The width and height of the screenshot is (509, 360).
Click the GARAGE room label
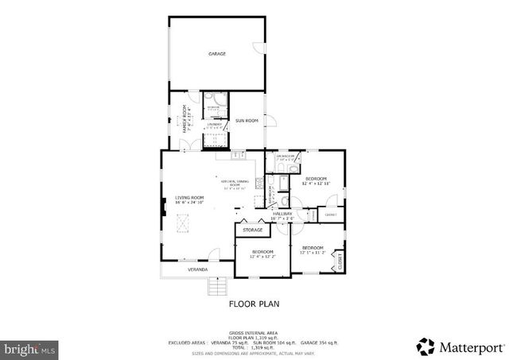(217, 54)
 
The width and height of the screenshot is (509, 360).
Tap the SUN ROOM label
(247, 121)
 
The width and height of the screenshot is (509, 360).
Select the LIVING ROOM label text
(190, 198)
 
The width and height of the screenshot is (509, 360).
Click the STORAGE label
(253, 230)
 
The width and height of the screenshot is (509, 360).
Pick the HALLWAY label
(282, 213)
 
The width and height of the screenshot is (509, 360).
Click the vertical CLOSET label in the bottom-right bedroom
(340, 261)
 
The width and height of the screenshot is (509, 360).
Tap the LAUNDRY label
(214, 124)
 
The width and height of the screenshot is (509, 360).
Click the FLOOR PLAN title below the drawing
(254, 303)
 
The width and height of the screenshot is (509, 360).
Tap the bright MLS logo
(29, 348)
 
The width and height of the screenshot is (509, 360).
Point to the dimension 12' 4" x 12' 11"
(317, 184)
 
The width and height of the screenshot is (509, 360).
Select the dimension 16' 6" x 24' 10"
(190, 203)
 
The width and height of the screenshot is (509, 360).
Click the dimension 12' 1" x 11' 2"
(314, 253)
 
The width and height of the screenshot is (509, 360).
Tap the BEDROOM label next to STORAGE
(262, 251)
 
